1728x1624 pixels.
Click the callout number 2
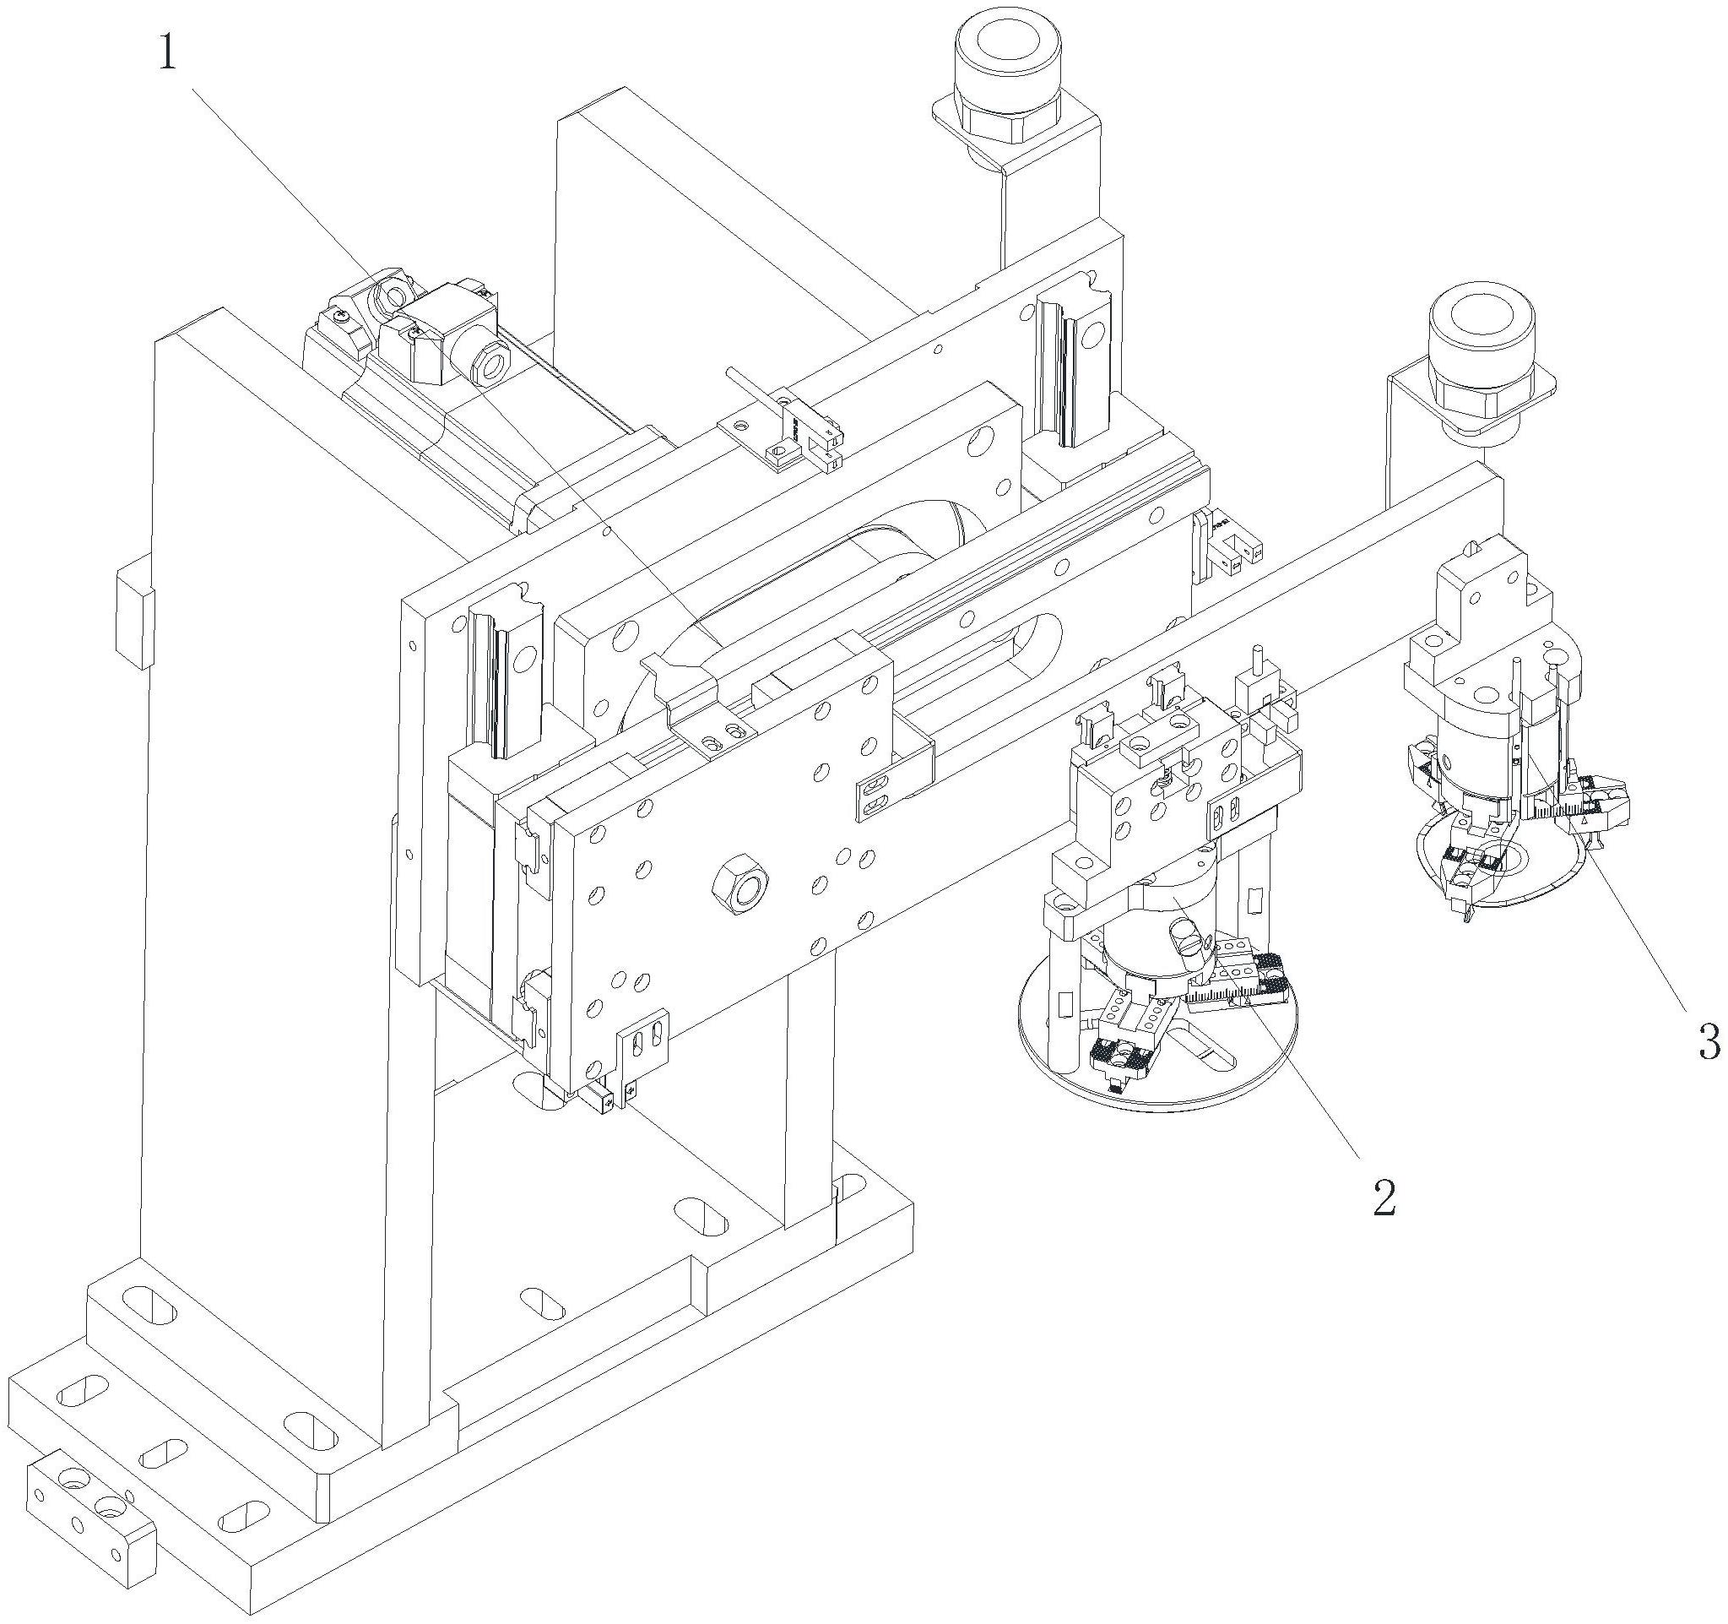1383,1198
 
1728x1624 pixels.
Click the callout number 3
1708,1040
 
